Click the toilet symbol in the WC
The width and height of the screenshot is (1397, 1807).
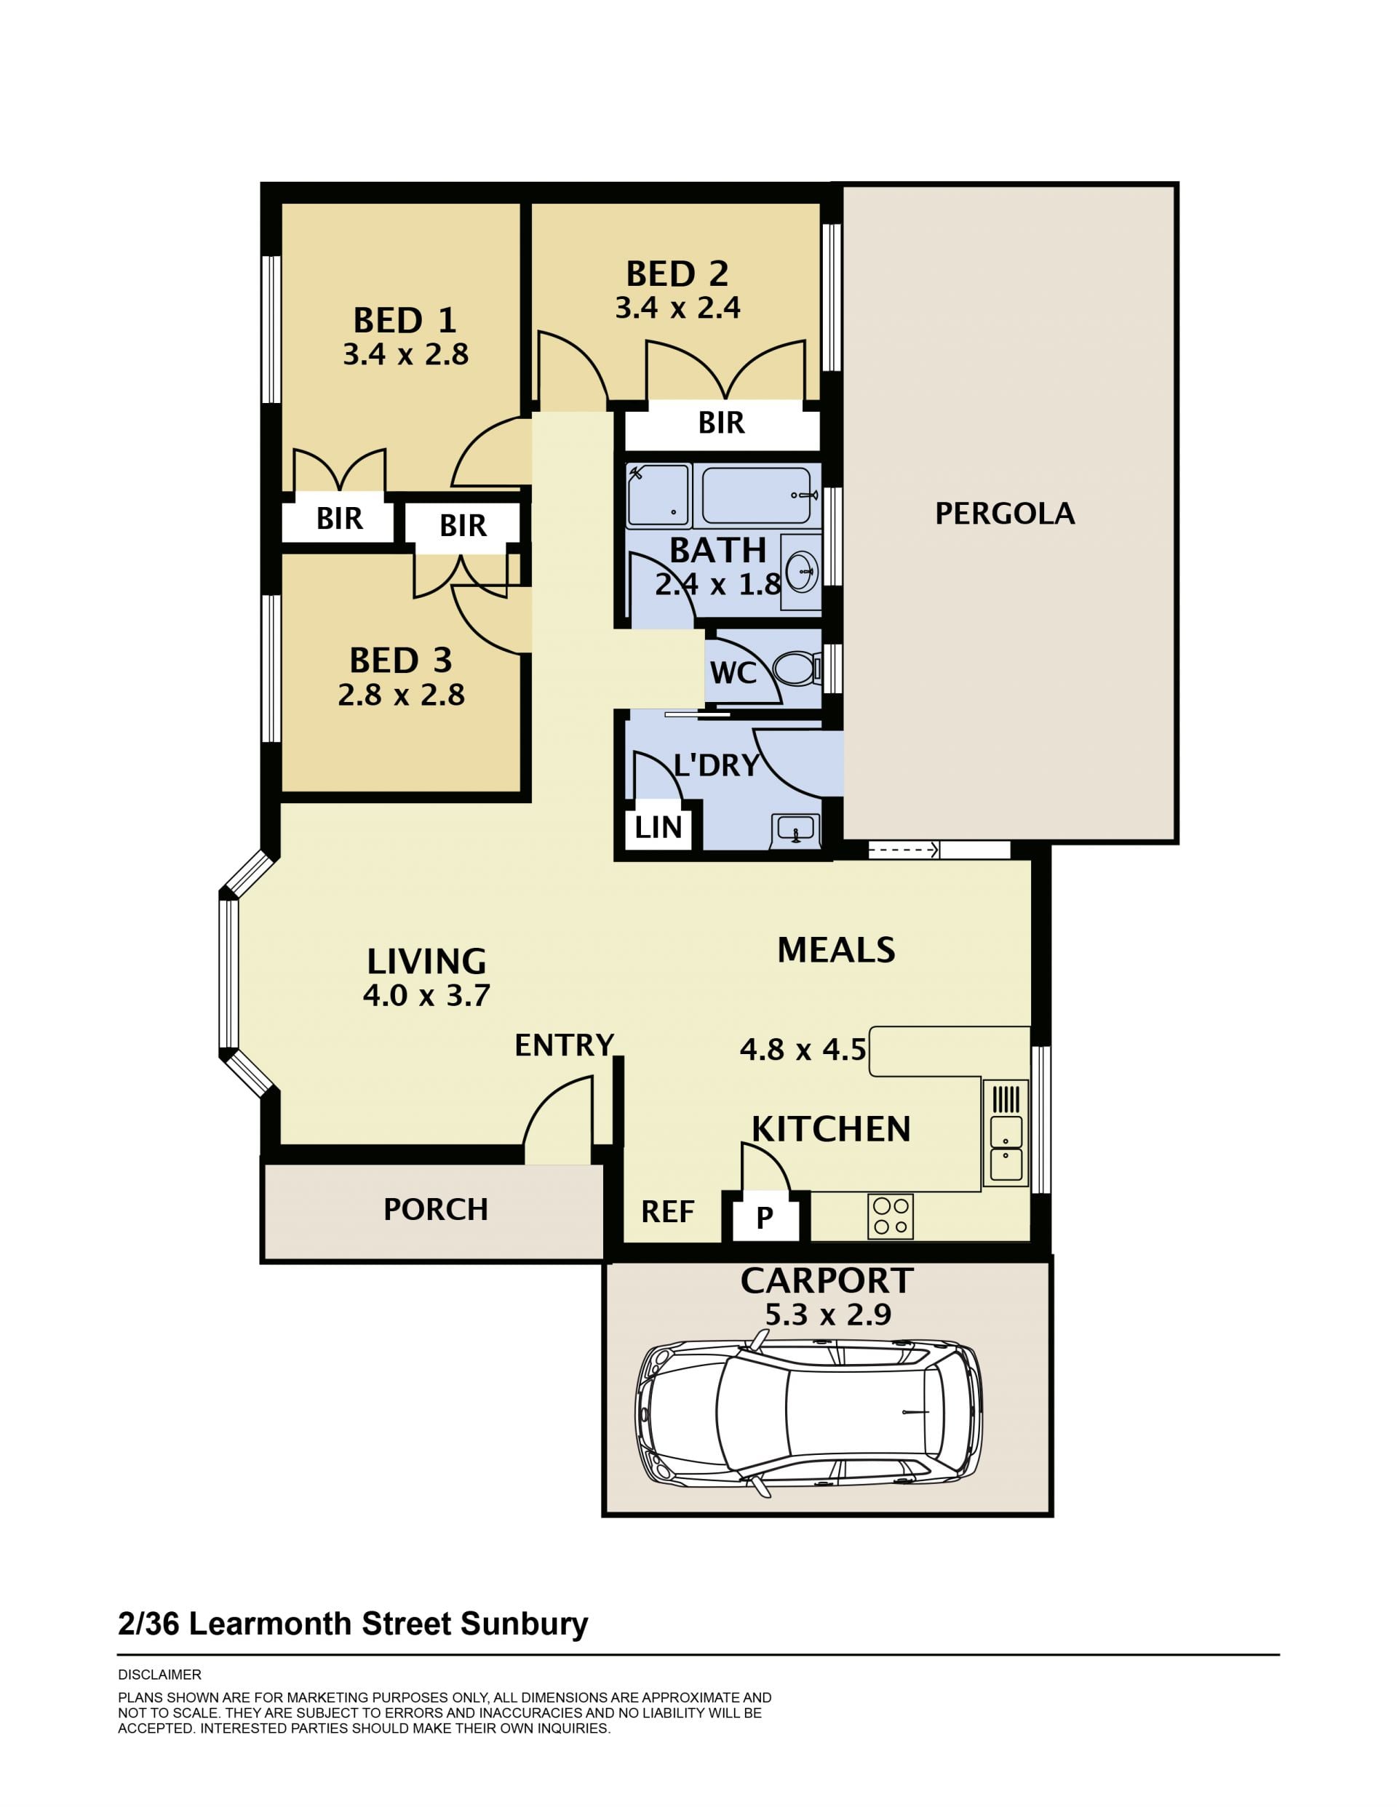point(796,667)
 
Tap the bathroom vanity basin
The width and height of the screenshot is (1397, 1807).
point(800,570)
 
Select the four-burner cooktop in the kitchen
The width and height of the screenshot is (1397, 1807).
point(891,1216)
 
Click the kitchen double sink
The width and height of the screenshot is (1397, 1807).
point(1006,1148)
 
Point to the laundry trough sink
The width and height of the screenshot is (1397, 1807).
point(795,830)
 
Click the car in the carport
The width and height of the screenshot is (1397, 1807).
point(808,1411)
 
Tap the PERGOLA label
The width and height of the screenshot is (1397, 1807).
point(1005,514)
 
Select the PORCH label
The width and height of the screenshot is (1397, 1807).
point(435,1210)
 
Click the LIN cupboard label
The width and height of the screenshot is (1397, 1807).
point(658,826)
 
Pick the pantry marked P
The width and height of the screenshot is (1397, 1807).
point(764,1217)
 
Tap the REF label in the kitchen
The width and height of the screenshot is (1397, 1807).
point(667,1212)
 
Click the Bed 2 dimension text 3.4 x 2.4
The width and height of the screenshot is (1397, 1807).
point(677,308)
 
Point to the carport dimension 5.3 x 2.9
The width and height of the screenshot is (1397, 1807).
point(827,1315)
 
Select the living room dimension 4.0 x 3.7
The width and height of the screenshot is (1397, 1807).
point(426,995)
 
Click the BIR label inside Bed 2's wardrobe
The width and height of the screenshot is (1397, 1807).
point(721,423)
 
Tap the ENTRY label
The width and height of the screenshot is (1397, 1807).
point(565,1046)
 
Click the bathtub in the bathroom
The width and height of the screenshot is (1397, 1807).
point(757,494)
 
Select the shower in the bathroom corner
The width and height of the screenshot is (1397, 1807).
point(658,495)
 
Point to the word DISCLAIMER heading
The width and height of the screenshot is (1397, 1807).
point(160,1675)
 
